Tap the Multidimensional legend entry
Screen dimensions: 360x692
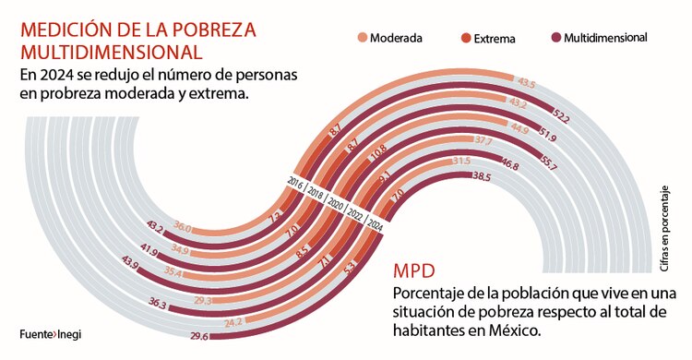597,38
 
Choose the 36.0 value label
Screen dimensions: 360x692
183,227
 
